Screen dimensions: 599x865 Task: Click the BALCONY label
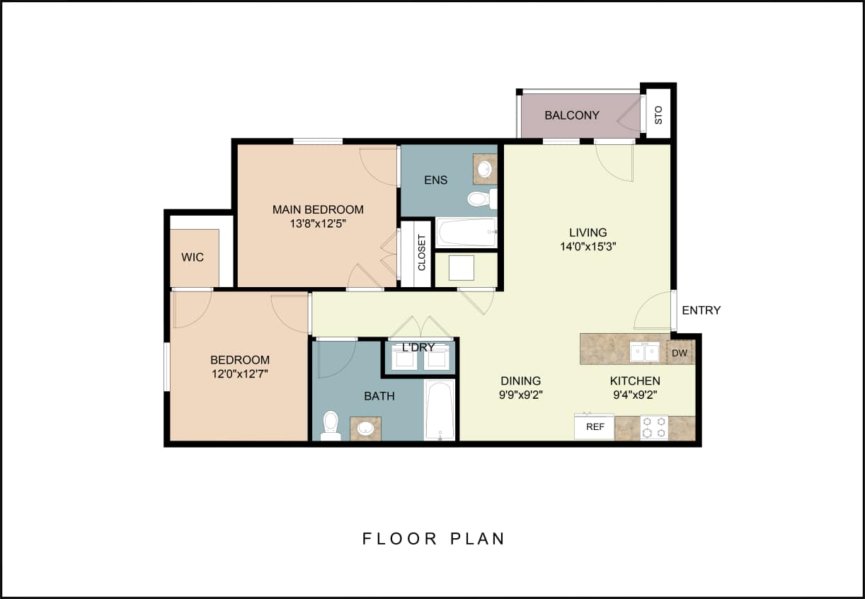[572, 115]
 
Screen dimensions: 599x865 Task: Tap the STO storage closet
[658, 115]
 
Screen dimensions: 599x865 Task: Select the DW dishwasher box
[680, 352]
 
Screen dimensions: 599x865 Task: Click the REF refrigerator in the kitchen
[595, 426]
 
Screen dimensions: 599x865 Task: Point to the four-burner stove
[654, 426]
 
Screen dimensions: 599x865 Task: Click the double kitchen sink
[645, 351]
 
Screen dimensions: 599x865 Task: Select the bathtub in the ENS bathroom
[466, 232]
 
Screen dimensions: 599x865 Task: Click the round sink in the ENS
[485, 169]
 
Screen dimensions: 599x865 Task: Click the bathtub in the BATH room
[440, 410]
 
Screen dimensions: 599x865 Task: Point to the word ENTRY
[701, 310]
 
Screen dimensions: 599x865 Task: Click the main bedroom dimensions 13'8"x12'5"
[318, 223]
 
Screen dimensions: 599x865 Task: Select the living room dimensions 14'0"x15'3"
[588, 246]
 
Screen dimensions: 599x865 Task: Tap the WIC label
[193, 257]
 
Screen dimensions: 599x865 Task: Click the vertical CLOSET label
[422, 253]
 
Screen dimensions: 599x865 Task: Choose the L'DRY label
[418, 347]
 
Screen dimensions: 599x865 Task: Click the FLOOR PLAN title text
[433, 538]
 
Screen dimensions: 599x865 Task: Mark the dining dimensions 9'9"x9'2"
[520, 395]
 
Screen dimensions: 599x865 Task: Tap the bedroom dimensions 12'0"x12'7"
[239, 374]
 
